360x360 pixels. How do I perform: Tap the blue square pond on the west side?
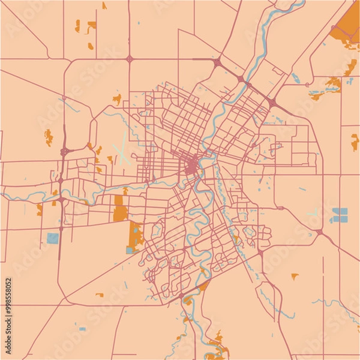click(x=53, y=238)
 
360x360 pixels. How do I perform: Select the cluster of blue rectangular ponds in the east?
click(x=339, y=215)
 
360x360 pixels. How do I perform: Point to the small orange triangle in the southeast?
click(x=295, y=276)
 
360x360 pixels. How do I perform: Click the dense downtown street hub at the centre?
click(x=192, y=164)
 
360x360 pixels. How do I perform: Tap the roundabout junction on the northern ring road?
click(x=130, y=59)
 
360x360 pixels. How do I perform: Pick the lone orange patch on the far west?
click(x=49, y=137)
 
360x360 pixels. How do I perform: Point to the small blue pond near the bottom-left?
click(x=82, y=329)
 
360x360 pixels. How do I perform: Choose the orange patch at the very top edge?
click(x=104, y=5)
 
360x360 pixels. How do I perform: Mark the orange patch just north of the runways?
click(x=117, y=97)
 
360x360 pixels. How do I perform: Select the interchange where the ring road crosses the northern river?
click(x=241, y=79)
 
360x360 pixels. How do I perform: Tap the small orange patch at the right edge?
click(x=355, y=142)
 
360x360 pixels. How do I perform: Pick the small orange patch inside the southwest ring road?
click(x=100, y=295)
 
